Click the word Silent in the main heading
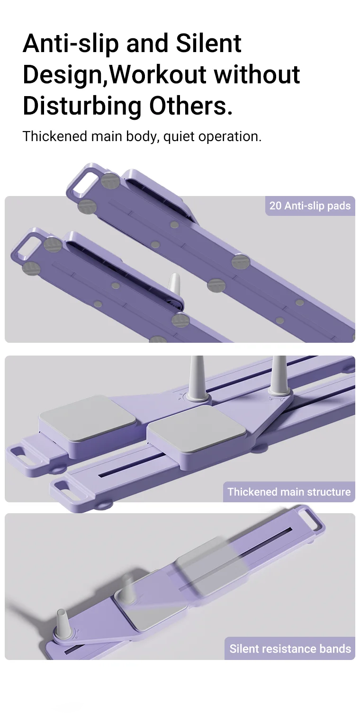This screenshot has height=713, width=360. (209, 44)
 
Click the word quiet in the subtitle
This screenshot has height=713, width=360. (179, 136)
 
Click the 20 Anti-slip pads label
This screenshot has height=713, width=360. (310, 206)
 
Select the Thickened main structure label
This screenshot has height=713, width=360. (289, 492)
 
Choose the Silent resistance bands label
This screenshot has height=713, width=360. (290, 649)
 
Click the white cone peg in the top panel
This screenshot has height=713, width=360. (174, 288)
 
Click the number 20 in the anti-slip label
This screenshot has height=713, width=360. (275, 206)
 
